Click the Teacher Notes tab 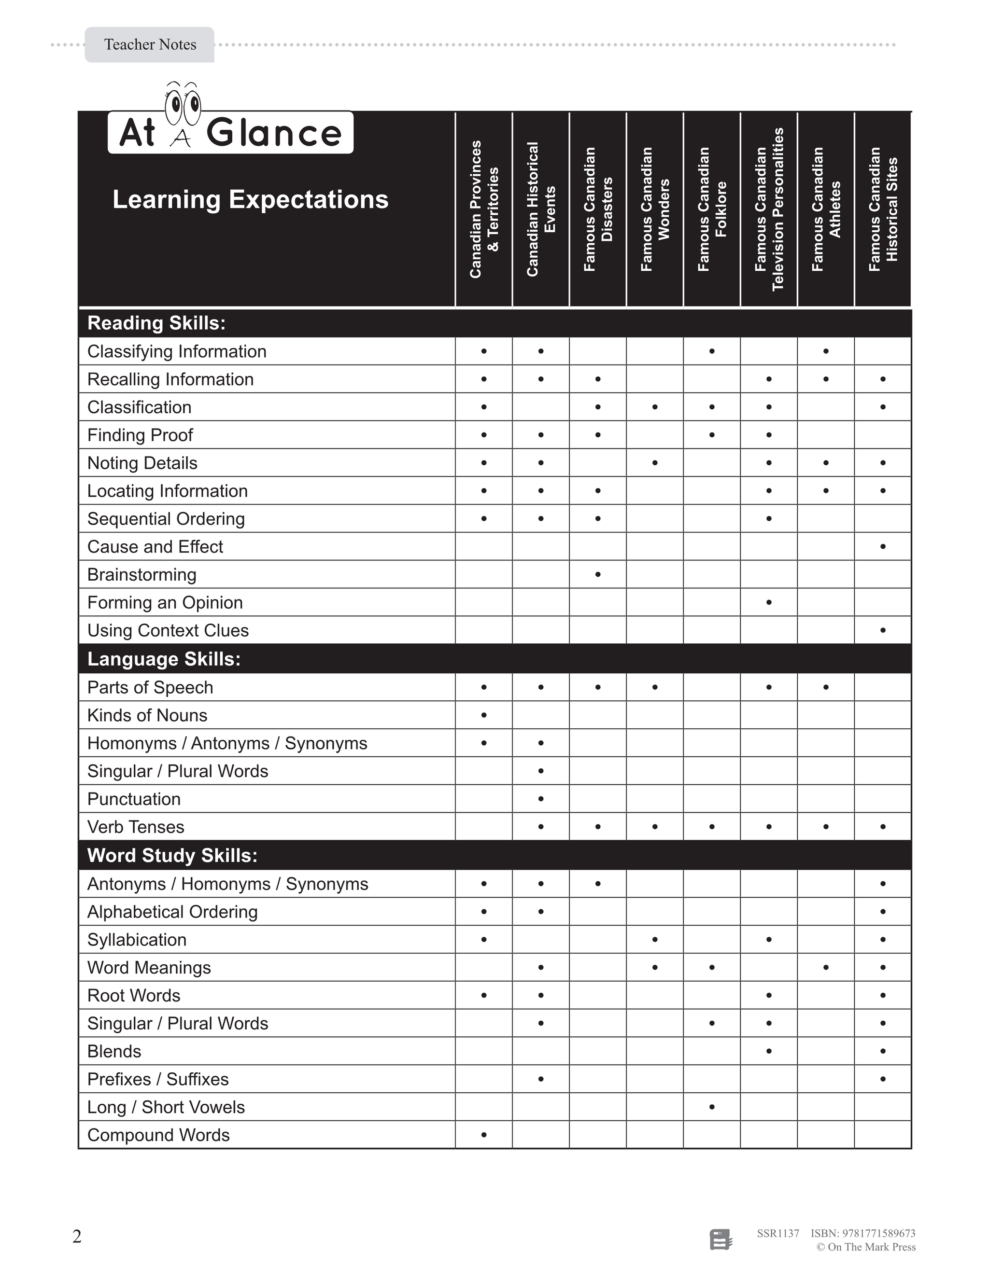(x=150, y=44)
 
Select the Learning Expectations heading (x=250, y=200)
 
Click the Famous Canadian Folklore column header (x=712, y=209)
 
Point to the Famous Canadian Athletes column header (x=826, y=209)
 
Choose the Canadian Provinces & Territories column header (x=484, y=209)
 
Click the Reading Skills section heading (x=156, y=323)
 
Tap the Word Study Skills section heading (x=172, y=856)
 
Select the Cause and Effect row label (x=155, y=547)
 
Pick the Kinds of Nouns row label (x=147, y=716)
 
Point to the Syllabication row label (x=137, y=940)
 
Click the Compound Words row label (x=158, y=1136)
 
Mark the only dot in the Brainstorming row (x=598, y=574)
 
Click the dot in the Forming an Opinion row (x=769, y=603)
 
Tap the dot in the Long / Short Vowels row (x=712, y=1107)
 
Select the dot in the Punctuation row (x=541, y=799)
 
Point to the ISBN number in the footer (x=863, y=1233)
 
